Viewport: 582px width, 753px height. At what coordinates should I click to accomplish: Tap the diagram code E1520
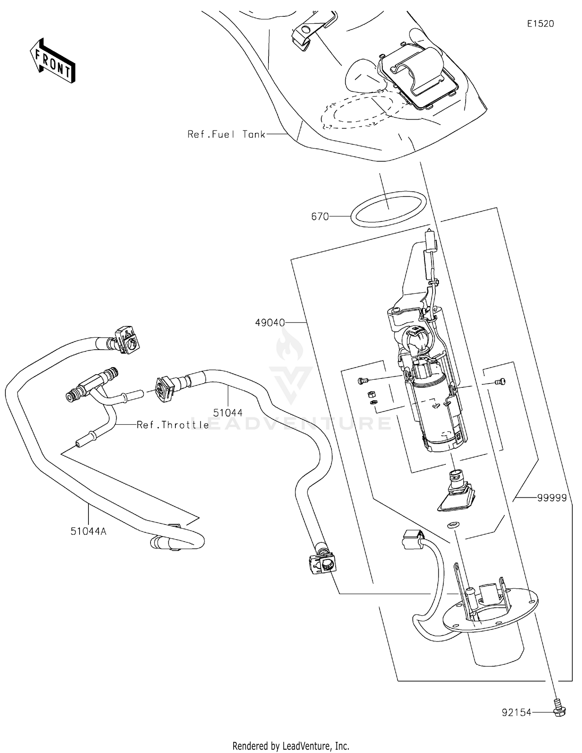[540, 24]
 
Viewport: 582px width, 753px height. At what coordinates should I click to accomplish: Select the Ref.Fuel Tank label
[226, 134]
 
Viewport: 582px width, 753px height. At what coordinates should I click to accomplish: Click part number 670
[320, 216]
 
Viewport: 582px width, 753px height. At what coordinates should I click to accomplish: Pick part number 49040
[270, 322]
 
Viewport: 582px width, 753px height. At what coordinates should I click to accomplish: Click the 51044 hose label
[228, 412]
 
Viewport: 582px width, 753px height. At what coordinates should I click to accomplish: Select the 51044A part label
[88, 531]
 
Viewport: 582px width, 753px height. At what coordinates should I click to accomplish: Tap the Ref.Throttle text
[173, 425]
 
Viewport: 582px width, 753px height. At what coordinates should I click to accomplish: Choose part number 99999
[552, 498]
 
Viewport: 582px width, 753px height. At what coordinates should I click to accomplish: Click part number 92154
[516, 713]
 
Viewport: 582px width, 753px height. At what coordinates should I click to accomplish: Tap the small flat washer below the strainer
[452, 525]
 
